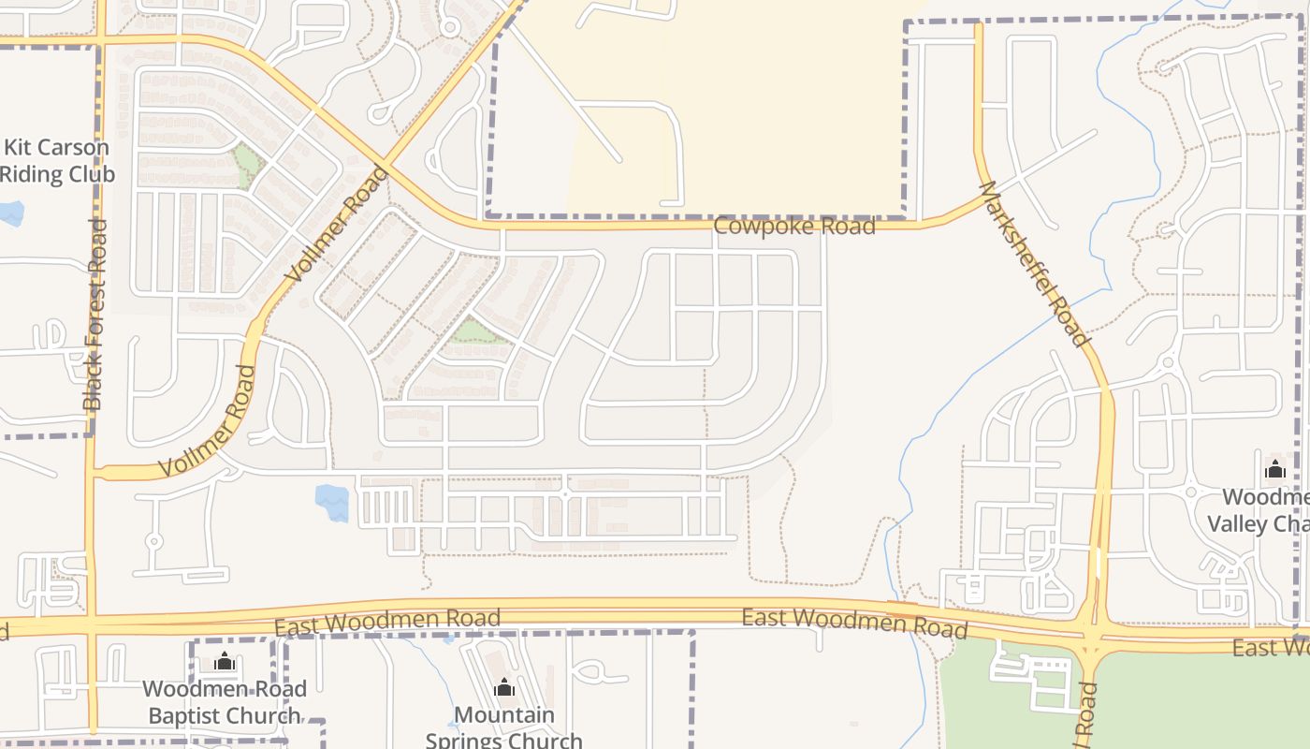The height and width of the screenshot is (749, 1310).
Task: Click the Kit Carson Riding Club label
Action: pos(57,161)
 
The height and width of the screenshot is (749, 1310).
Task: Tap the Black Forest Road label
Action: pos(95,315)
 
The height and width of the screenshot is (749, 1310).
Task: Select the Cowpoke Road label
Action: pos(794,227)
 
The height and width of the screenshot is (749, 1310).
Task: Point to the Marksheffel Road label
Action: pos(1033,264)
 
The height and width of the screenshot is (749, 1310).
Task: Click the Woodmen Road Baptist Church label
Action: pos(225,702)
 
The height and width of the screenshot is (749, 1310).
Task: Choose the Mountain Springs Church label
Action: pos(504,727)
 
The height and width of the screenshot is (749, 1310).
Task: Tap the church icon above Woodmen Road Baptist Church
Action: pos(225,662)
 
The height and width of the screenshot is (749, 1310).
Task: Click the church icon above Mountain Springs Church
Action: pos(504,688)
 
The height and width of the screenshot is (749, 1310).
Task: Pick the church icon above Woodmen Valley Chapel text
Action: pos(1274,469)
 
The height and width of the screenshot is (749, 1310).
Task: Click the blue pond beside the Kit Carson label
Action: pos(11,213)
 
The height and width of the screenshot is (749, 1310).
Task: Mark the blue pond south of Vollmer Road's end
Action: pos(332,502)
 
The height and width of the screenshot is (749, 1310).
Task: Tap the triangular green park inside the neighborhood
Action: pos(474,331)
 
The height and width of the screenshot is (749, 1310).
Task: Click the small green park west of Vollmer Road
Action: pos(247,165)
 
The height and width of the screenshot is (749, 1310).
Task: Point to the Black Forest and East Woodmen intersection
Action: pos(92,624)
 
